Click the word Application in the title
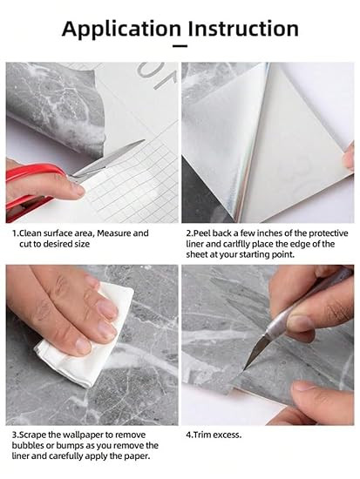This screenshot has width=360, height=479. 121,30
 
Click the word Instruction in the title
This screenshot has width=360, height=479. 243,29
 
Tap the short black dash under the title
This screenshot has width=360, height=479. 180,46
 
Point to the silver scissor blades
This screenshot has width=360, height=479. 107,160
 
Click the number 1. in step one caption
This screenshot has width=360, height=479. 16,233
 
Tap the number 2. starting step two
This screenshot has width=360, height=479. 190,233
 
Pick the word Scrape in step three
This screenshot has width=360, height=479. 32,435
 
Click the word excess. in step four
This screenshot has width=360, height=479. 228,435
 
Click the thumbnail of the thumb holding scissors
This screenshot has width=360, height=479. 77,190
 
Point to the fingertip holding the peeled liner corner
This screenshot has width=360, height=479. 349,159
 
